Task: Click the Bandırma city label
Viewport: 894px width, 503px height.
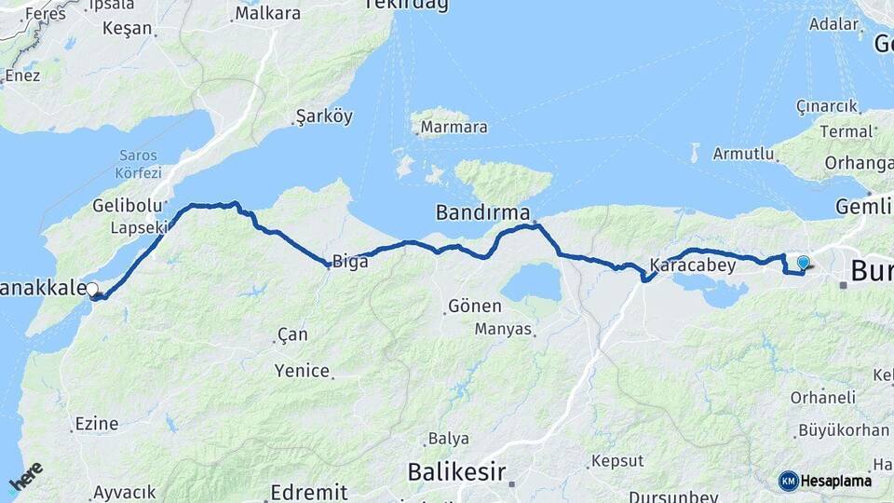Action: [x=482, y=213]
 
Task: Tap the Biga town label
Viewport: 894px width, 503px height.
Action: [x=350, y=262]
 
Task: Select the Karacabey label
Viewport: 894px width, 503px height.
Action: [x=693, y=265]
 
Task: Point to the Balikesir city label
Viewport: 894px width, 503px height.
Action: [x=455, y=472]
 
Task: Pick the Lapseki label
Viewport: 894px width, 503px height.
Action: [x=139, y=227]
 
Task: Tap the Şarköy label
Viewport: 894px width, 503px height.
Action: [x=324, y=116]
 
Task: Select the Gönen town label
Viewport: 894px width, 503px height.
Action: [x=475, y=306]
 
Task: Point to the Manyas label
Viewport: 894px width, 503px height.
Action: [x=503, y=329]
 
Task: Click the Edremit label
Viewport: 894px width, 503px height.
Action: [x=309, y=492]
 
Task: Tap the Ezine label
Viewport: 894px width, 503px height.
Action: [x=97, y=424]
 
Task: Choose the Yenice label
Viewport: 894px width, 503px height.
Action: [x=302, y=371]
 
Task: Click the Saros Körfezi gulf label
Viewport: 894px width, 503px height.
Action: [x=139, y=164]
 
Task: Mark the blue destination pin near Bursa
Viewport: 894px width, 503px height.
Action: [x=803, y=264]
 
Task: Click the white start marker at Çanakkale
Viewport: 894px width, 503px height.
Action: [x=92, y=290]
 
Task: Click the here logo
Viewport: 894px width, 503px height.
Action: [x=26, y=477]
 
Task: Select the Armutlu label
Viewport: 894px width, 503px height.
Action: [x=743, y=154]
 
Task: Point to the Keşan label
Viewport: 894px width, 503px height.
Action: [x=127, y=28]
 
